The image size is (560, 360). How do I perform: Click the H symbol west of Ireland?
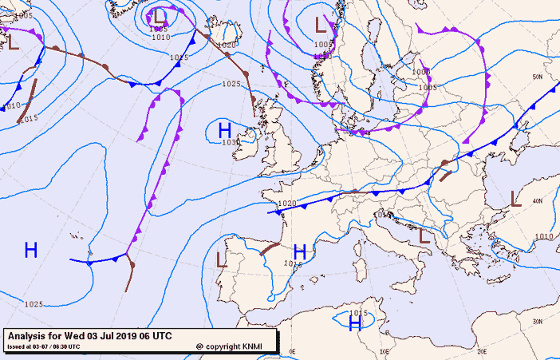[x=225, y=129]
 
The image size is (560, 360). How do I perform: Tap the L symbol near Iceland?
[x=160, y=15]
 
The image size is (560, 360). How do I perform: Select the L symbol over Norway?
[x=321, y=25]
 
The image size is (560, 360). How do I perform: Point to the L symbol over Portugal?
[x=222, y=259]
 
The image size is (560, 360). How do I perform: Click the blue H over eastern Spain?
[x=300, y=252]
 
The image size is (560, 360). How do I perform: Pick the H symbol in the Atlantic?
[x=31, y=250]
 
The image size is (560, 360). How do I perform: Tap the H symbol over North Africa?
[x=355, y=323]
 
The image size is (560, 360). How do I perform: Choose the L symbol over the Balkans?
[x=424, y=235]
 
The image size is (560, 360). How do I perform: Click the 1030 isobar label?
[x=231, y=142]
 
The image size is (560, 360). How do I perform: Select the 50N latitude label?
[x=538, y=77]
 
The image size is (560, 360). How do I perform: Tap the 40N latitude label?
[x=538, y=200]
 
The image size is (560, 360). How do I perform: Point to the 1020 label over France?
[x=287, y=204]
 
